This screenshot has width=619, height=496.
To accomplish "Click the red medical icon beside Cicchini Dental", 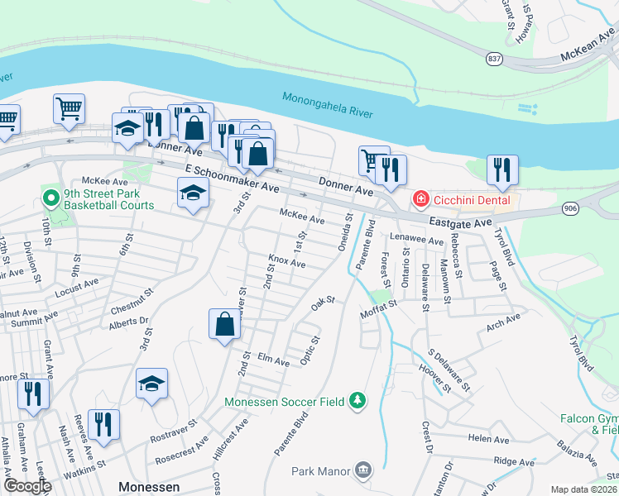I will point(420,199).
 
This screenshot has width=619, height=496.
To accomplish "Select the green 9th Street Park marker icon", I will point(50,198).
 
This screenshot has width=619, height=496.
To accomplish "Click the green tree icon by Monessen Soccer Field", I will point(357,401).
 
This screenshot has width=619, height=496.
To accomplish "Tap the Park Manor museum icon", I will point(362,471).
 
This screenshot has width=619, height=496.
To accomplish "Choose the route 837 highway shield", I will point(494,60).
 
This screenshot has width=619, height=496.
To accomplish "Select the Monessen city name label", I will point(149,487).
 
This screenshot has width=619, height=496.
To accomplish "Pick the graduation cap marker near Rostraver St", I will point(152,384).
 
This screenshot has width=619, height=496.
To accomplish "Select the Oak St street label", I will point(322,304).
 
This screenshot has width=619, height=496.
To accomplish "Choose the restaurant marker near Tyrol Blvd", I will point(501,169).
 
